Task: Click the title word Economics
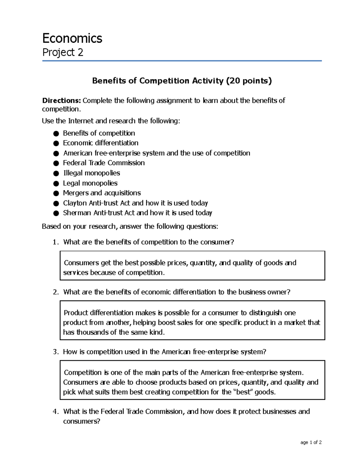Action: click(x=72, y=38)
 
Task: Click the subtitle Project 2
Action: click(x=63, y=53)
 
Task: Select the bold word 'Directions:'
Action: click(x=61, y=101)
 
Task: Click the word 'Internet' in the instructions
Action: click(x=81, y=121)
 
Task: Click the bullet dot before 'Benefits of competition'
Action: click(x=56, y=134)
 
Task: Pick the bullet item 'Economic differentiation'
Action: click(x=100, y=143)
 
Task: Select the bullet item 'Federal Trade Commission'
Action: click(x=104, y=163)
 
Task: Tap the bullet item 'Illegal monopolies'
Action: click(x=91, y=173)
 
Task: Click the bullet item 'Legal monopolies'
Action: click(x=90, y=183)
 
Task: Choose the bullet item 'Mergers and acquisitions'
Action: click(x=102, y=193)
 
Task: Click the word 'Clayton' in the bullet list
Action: click(x=75, y=203)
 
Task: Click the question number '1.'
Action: click(x=55, y=242)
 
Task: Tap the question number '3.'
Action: click(x=55, y=352)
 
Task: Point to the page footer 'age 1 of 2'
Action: click(x=311, y=442)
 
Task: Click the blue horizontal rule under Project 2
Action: click(x=182, y=61)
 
